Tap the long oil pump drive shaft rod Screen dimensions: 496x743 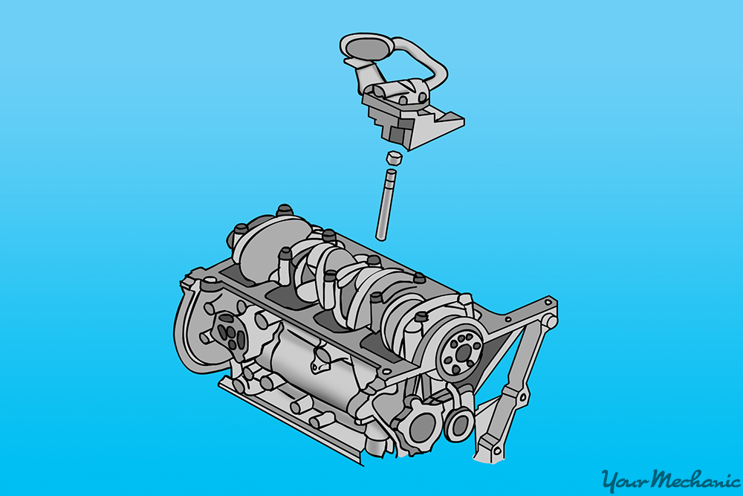(383, 205)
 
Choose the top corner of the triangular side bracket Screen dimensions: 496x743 (548, 306)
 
